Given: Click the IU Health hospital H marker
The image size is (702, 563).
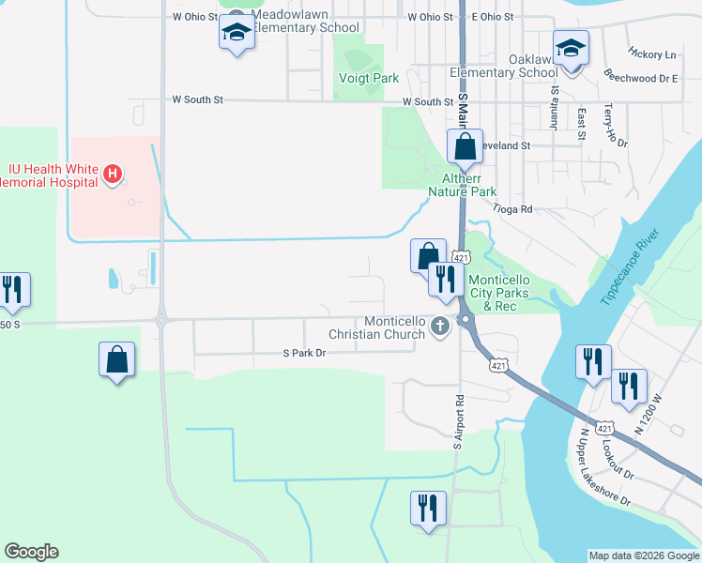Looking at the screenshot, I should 112,174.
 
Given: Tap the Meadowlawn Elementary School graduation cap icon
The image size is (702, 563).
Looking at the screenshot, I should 237,35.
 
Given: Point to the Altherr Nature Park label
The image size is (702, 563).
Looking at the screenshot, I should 462,184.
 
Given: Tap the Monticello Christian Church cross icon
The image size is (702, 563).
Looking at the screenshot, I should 440,327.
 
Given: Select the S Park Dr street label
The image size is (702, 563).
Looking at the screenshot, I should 304,354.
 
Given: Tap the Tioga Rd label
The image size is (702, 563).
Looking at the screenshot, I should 512,208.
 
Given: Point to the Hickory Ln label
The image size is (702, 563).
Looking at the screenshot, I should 652,54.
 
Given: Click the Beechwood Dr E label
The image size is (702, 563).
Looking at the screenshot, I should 642,79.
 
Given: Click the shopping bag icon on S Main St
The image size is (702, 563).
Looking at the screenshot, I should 465,146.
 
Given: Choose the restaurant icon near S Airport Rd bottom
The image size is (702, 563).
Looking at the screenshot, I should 428,508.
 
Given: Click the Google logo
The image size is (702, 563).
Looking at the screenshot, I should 31,552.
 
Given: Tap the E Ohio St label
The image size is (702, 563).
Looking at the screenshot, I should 493,17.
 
